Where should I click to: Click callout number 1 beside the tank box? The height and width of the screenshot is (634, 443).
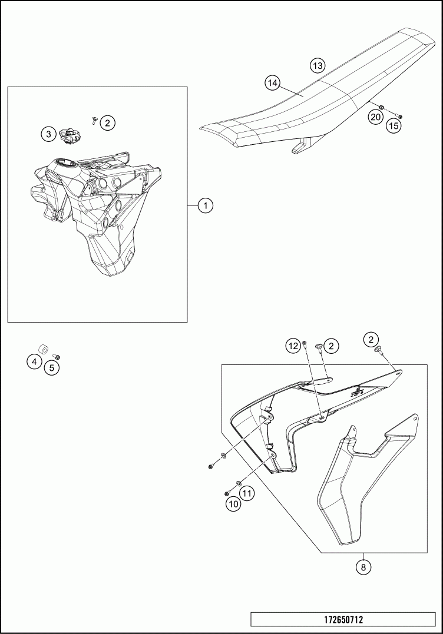pyautogui.click(x=206, y=206)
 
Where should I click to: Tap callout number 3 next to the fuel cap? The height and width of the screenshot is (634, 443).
pyautogui.click(x=48, y=134)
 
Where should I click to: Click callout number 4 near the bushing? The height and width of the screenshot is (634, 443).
pyautogui.click(x=34, y=361)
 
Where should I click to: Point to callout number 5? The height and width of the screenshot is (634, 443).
pyautogui.click(x=52, y=367)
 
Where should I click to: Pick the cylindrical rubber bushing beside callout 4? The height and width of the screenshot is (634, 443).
pyautogui.click(x=43, y=349)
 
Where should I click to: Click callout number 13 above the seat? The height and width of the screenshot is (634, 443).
pyautogui.click(x=318, y=65)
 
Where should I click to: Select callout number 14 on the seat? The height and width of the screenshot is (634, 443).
pyautogui.click(x=272, y=83)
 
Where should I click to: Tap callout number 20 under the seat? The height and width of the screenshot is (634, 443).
pyautogui.click(x=375, y=117)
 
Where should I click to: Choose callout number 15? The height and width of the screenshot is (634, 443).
pyautogui.click(x=394, y=126)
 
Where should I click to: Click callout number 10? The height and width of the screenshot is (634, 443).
pyautogui.click(x=234, y=503)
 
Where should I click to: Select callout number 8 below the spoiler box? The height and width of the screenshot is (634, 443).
pyautogui.click(x=363, y=567)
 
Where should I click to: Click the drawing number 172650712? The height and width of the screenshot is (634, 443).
pyautogui.click(x=343, y=619)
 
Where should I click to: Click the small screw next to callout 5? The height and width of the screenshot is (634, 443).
pyautogui.click(x=57, y=356)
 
